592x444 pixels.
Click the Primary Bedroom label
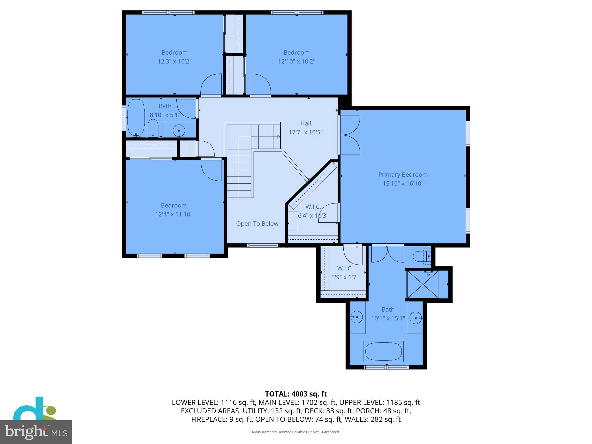click(x=403, y=175)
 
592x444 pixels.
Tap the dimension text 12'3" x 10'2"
click(x=174, y=62)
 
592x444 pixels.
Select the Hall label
click(x=306, y=123)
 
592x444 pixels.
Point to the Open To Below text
click(x=257, y=224)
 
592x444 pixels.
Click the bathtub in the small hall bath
click(x=136, y=118)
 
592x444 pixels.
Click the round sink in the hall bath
click(x=179, y=130)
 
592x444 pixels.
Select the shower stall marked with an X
click(x=423, y=284)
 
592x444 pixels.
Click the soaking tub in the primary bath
click(x=383, y=351)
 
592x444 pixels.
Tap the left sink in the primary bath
click(x=357, y=317)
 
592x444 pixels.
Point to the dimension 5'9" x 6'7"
click(x=345, y=277)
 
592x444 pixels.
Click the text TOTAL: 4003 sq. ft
click(x=296, y=394)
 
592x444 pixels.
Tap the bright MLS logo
click(x=36, y=432)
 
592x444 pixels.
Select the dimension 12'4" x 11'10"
click(x=174, y=214)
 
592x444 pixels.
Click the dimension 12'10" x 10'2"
click(x=296, y=62)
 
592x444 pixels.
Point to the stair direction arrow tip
click(x=280, y=137)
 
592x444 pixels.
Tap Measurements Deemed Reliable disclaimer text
click(x=296, y=432)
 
